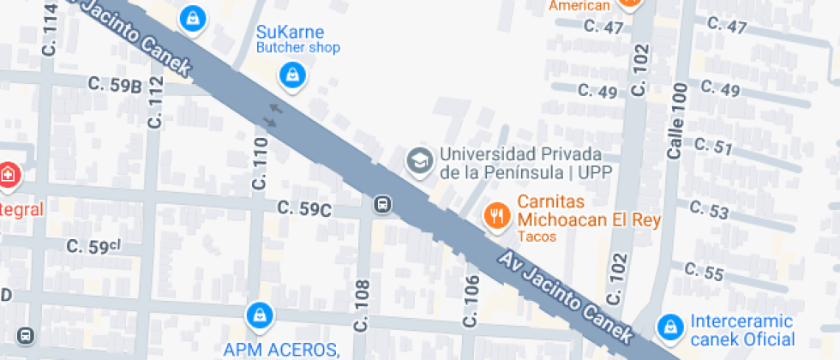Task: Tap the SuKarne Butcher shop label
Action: pos(298,39)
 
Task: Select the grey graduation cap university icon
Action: pos(419,160)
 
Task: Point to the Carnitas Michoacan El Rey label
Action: pos(588,213)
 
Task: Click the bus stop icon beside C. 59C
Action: pos(382,204)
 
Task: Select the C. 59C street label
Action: pos(304,208)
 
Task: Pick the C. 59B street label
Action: pos(114,85)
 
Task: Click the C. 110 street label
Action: pos(260,163)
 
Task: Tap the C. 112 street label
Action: pos(155,102)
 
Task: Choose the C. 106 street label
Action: pos(471,301)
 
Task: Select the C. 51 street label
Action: pos(711,147)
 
